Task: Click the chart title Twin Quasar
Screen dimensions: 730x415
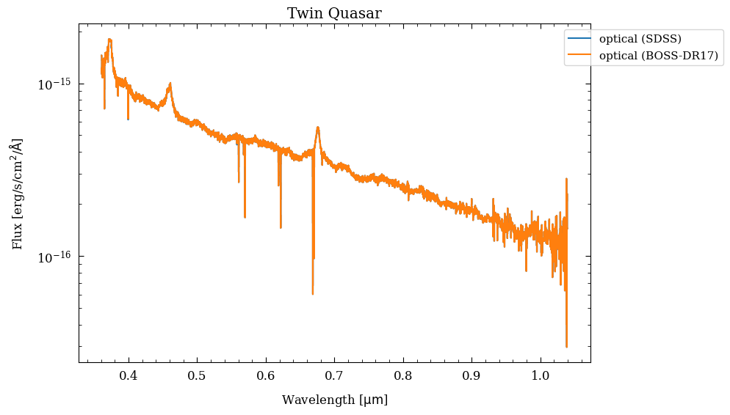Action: click(x=334, y=13)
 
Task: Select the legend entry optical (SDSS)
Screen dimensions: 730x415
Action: click(x=640, y=39)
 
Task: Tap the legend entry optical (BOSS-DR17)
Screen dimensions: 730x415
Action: click(x=658, y=56)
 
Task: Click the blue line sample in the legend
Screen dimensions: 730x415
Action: click(x=579, y=38)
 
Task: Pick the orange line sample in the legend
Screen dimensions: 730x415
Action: click(x=579, y=55)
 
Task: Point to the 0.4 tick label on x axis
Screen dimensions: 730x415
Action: click(x=128, y=375)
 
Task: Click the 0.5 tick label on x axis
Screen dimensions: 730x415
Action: click(x=197, y=375)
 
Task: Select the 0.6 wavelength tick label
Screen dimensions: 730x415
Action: click(x=265, y=375)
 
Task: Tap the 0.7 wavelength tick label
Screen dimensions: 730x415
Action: click(x=334, y=375)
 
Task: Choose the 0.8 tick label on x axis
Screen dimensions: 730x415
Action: click(x=403, y=375)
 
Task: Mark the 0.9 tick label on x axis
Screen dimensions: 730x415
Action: click(x=471, y=375)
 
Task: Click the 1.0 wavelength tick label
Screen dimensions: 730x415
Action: click(x=541, y=375)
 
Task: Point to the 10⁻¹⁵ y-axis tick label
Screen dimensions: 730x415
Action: click(x=54, y=84)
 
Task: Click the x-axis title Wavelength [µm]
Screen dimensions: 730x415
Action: click(x=335, y=400)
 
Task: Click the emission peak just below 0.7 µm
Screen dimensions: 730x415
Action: click(x=317, y=128)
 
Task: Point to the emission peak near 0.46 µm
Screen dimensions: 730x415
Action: click(x=170, y=84)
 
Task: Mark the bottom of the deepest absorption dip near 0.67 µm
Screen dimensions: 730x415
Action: click(x=313, y=294)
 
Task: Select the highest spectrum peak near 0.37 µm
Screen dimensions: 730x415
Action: click(x=110, y=40)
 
